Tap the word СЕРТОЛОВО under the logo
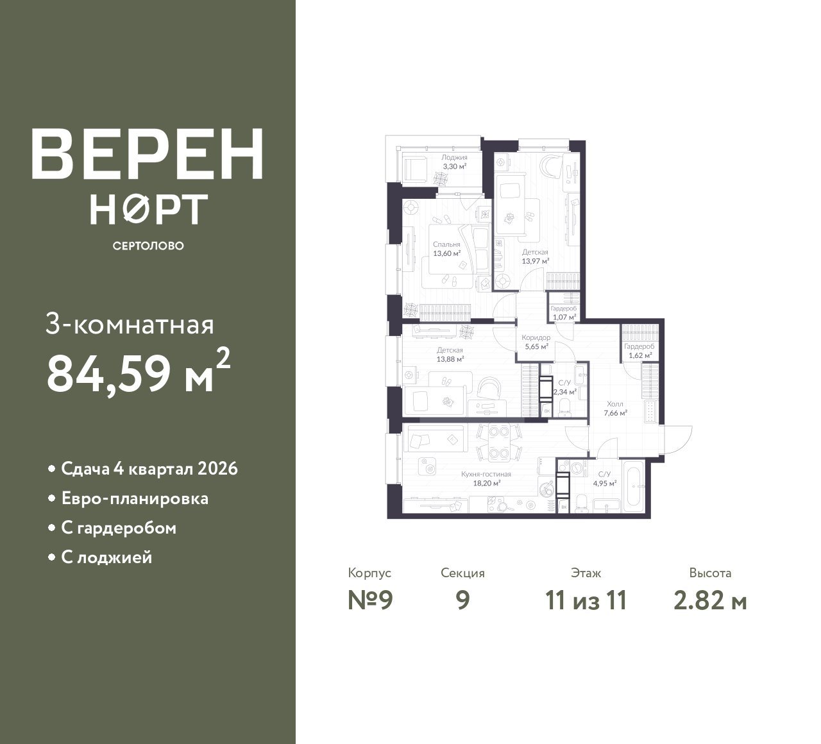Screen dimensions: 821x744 point(148,246)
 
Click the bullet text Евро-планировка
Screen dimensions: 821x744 point(135,499)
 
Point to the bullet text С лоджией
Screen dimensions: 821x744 point(106,557)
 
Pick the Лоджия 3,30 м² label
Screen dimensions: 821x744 point(454,162)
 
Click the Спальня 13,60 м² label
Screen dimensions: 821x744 point(447,249)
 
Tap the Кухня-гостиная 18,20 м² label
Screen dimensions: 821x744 point(486,478)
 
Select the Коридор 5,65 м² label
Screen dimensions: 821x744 point(536,342)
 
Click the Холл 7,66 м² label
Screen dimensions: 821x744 point(615,409)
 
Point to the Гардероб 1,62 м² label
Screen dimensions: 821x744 point(639,351)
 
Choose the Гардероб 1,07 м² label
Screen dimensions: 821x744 point(564,312)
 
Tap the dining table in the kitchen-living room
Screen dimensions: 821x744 point(499,443)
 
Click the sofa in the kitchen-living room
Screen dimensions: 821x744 point(436,438)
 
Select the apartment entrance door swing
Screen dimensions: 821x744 point(678,439)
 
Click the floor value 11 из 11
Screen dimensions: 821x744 point(586,601)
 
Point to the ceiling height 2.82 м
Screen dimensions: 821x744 point(710,601)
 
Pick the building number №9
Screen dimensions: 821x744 point(370,601)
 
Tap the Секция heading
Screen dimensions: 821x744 point(462,573)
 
